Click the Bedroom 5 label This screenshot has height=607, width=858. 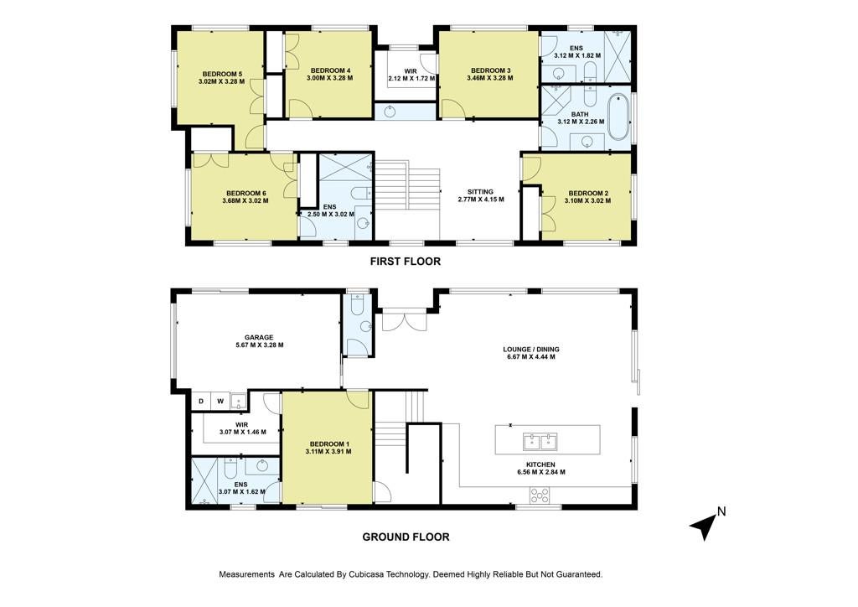click(221, 74)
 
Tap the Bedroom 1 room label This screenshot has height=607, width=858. click(328, 444)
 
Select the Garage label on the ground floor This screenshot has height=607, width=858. click(259, 338)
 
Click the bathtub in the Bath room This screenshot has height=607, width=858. click(619, 117)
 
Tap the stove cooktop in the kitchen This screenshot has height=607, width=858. click(540, 495)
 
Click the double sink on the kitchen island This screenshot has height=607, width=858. click(540, 441)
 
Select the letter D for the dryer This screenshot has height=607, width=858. click(201, 402)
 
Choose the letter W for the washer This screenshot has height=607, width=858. click(220, 402)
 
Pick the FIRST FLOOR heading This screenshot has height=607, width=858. click(405, 262)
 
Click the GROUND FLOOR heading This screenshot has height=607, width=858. click(406, 537)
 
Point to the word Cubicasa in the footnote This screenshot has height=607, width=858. click(367, 574)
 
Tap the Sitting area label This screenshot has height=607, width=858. click(480, 191)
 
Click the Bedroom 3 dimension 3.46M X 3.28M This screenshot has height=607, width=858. click(490, 78)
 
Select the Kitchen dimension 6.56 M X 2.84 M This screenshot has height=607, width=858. click(541, 472)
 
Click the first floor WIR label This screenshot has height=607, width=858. click(411, 71)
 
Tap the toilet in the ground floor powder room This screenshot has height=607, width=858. click(357, 304)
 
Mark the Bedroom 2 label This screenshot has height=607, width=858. click(588, 193)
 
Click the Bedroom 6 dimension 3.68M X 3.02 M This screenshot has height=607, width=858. click(246, 201)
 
